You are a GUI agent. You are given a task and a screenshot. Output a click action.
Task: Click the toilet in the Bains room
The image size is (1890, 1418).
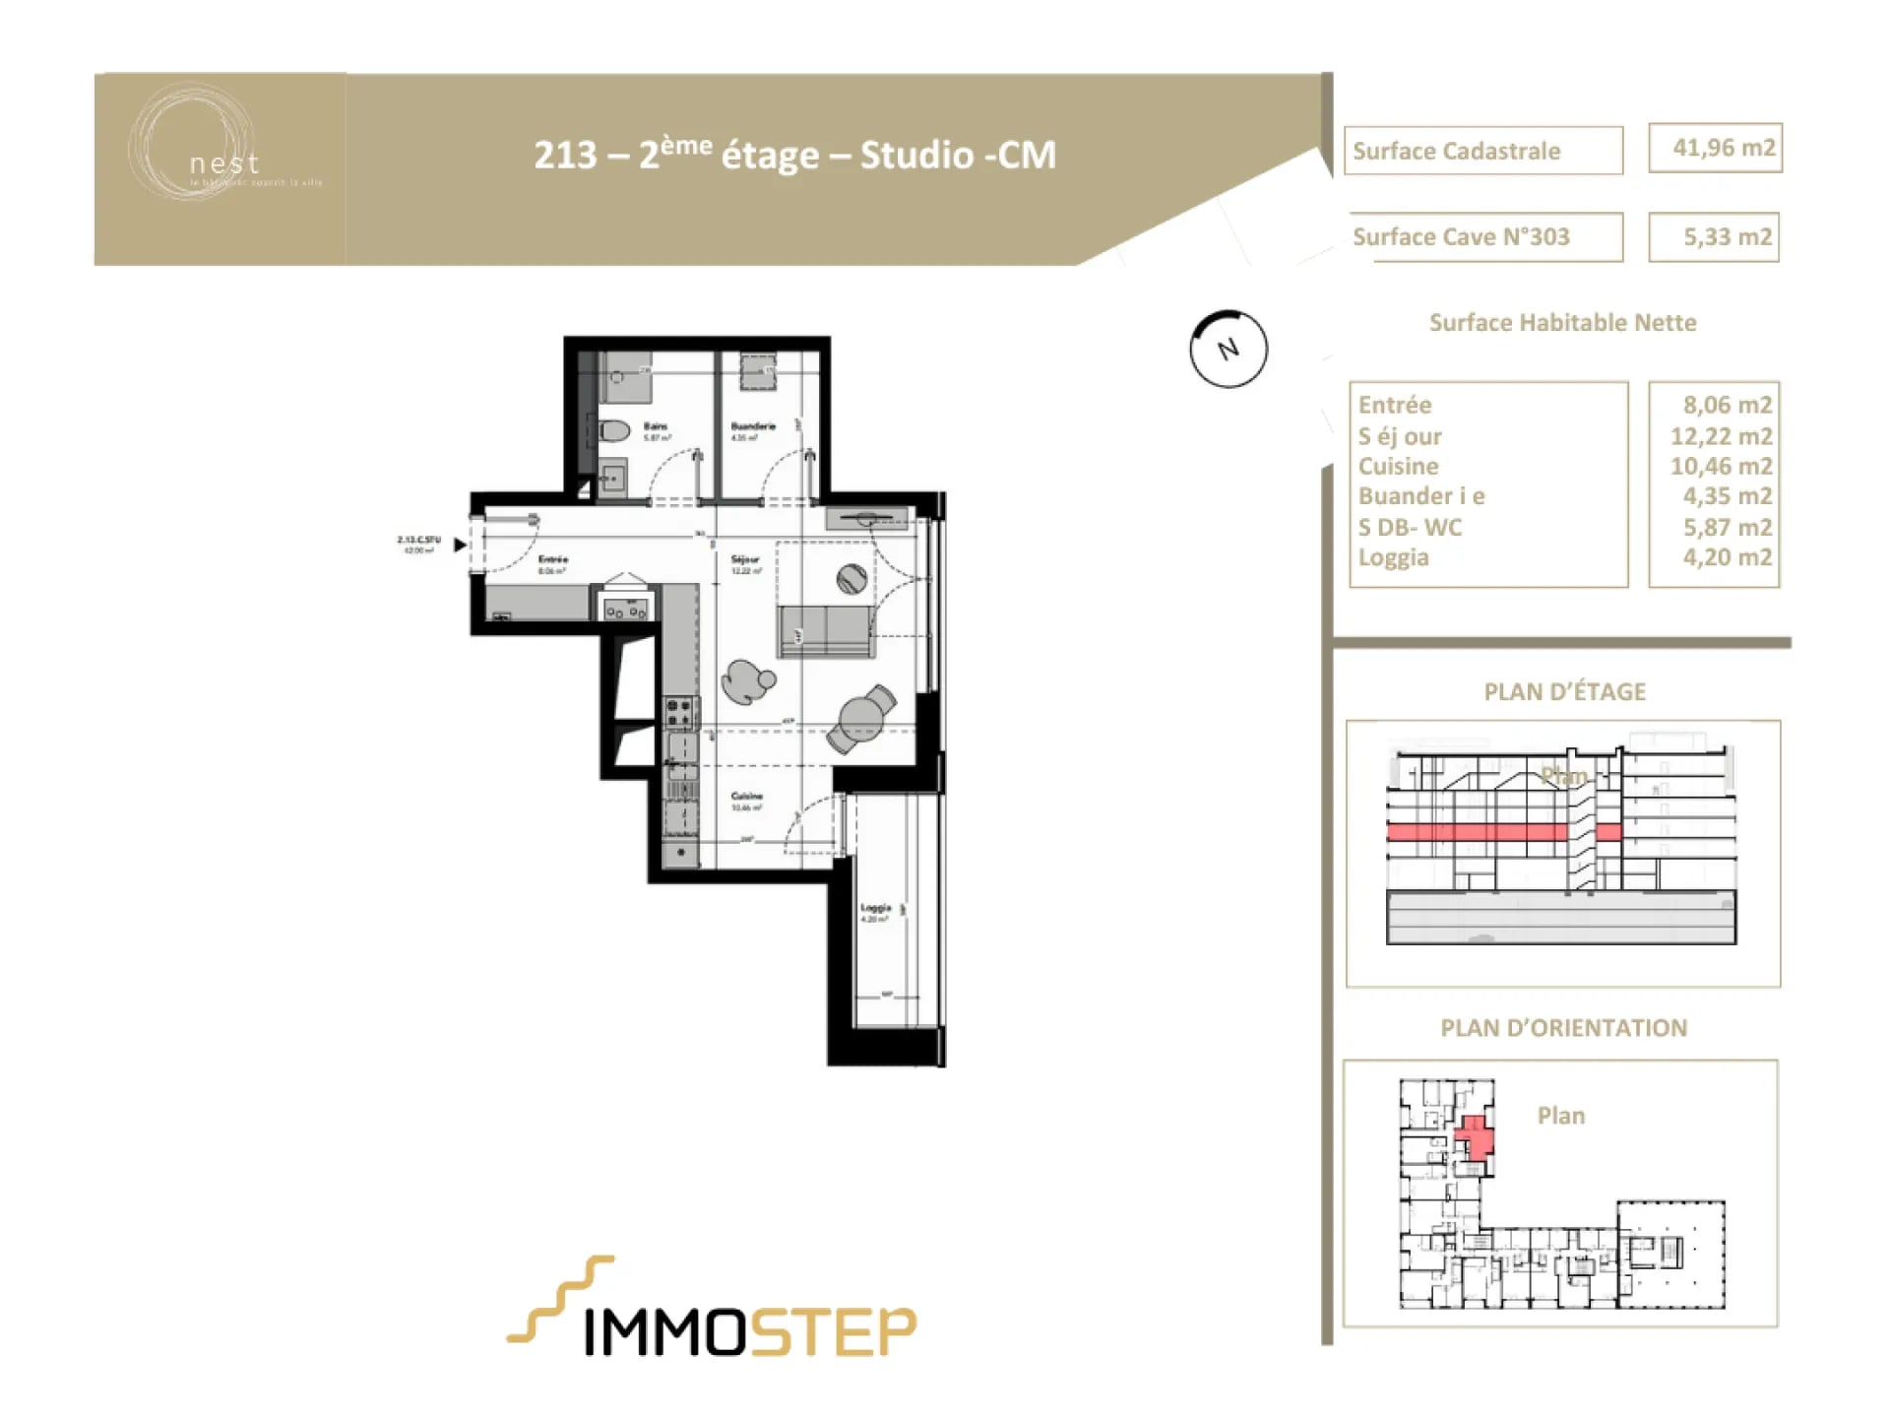615,430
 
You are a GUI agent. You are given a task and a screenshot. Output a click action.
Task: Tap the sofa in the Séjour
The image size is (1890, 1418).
825,630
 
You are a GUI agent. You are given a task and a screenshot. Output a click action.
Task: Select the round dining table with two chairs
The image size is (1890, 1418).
862,718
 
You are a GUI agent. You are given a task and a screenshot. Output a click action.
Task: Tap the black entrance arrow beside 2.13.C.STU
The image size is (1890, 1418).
459,545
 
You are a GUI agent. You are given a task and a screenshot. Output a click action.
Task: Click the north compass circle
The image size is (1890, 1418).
1228,349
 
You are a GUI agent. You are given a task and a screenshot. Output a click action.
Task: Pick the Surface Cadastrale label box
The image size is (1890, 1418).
1482,151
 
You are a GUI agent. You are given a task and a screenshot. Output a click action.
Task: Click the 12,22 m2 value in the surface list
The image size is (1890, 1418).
1720,436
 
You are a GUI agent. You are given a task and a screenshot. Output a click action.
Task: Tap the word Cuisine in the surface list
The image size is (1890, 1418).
1398,466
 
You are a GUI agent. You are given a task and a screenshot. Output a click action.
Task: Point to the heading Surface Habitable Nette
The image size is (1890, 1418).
1562,323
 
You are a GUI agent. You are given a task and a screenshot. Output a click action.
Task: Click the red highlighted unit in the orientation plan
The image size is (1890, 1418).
1475,1138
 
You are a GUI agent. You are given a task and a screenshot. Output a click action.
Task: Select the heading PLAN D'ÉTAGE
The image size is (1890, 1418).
1564,691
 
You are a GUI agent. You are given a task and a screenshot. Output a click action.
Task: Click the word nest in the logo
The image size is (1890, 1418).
224,162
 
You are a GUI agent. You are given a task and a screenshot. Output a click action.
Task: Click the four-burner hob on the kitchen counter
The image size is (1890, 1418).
679,713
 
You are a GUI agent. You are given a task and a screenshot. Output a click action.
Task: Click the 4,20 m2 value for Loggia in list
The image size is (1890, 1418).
1726,557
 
